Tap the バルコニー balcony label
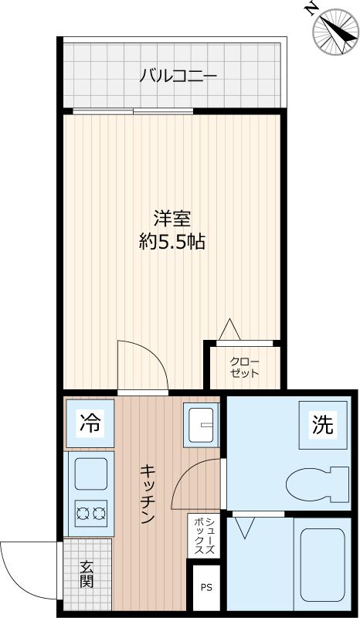tap(178, 76)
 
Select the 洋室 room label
tap(172, 219)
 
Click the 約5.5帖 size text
tap(172, 241)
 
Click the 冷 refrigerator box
tap(90, 423)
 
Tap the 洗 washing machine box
tap(322, 424)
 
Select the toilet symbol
tap(317, 483)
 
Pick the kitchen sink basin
tap(90, 473)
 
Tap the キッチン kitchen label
tap(147, 494)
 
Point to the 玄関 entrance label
tap(86, 573)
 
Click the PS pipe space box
tap(205, 586)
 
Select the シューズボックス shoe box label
tap(205, 535)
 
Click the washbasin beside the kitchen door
tap(202, 425)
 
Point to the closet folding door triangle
tap(229, 330)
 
